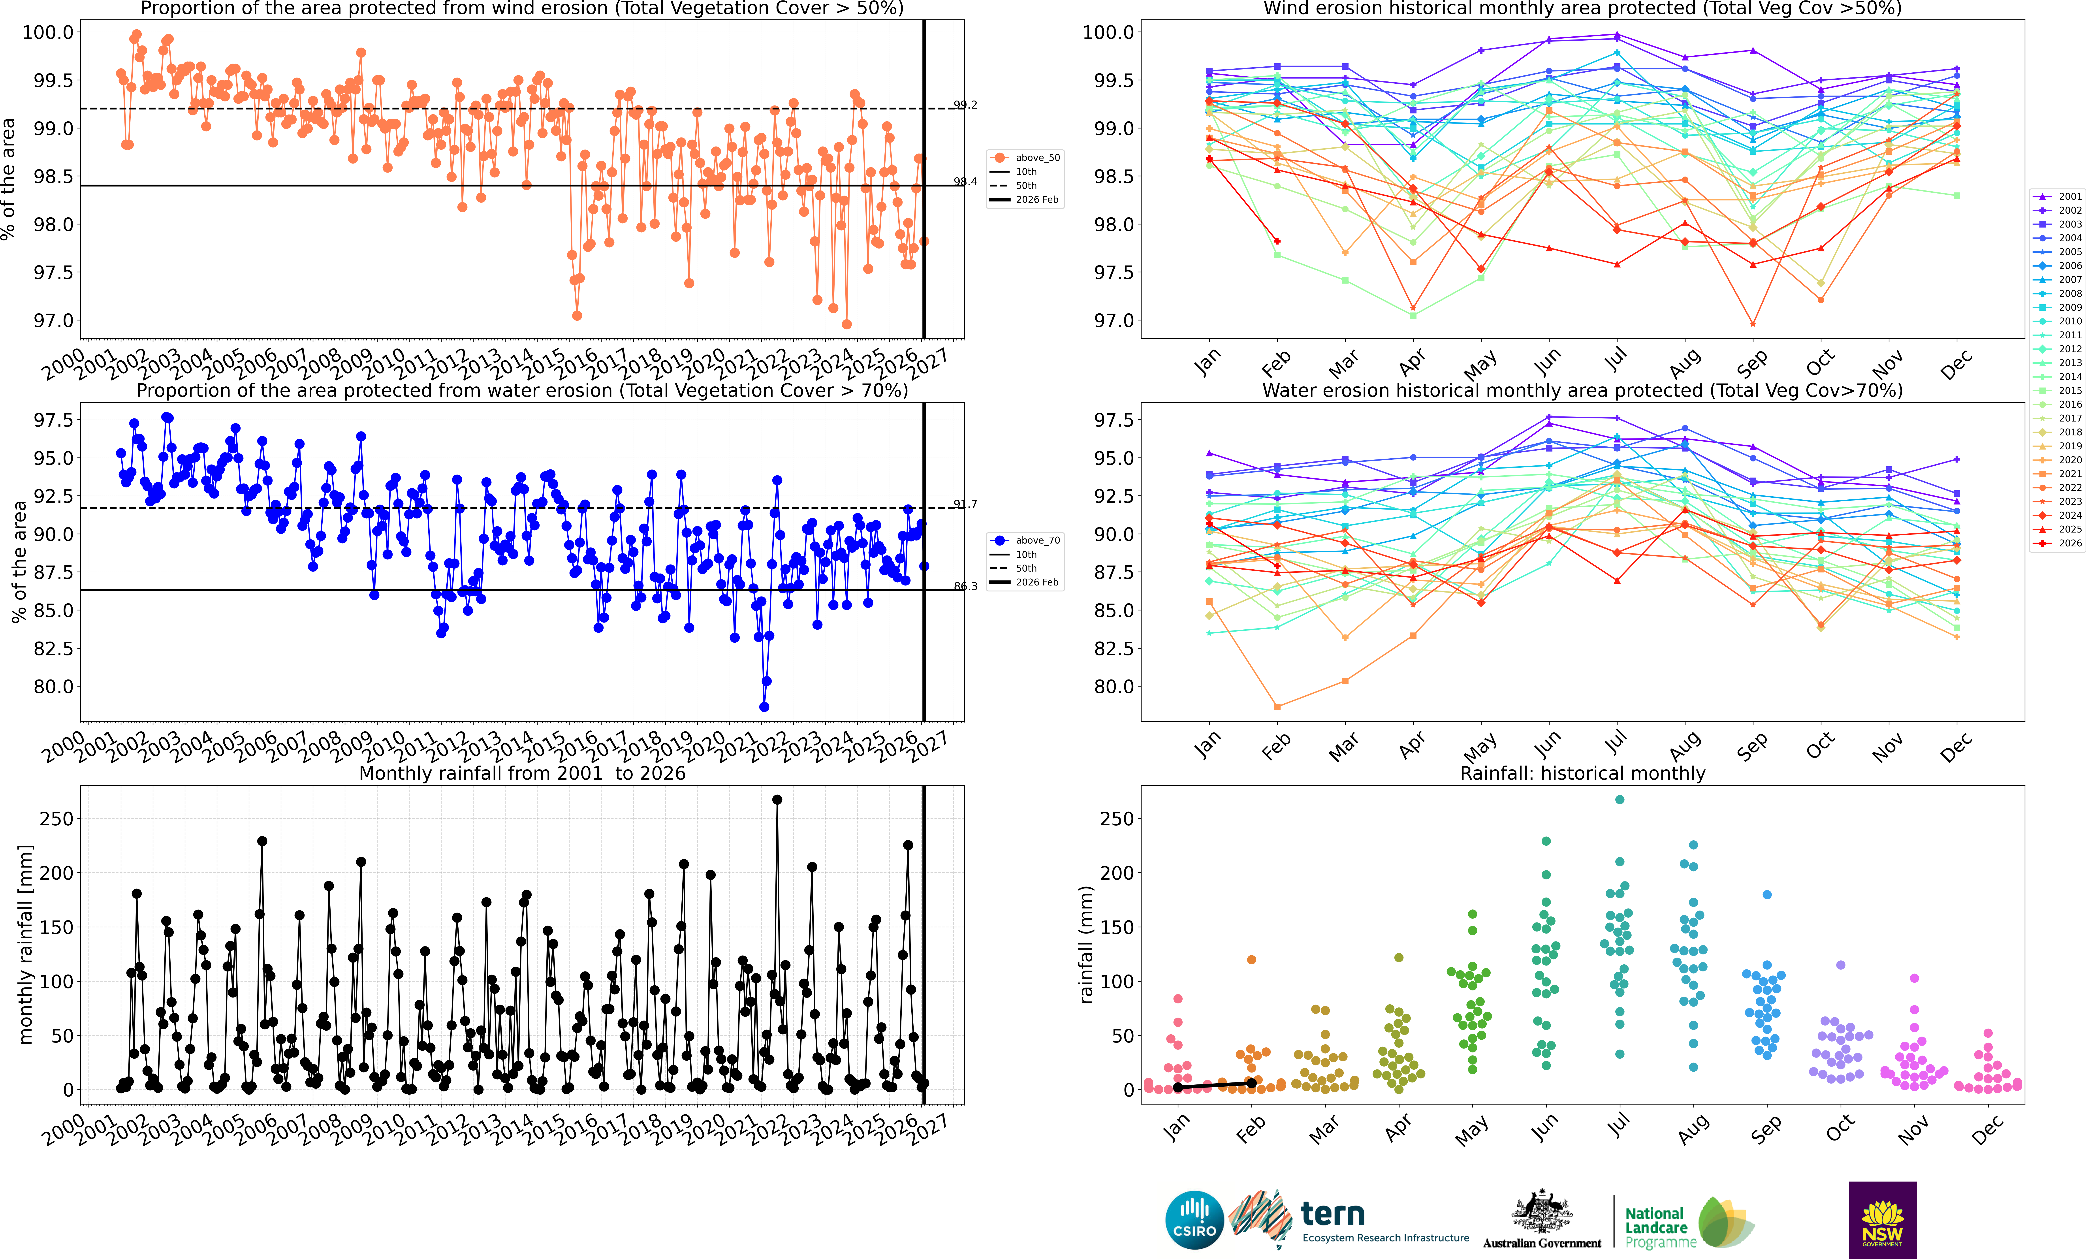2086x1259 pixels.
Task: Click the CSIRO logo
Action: pyautogui.click(x=1194, y=1220)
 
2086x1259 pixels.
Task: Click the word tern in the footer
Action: pyautogui.click(x=1333, y=1214)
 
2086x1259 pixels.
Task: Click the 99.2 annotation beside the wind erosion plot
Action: pyautogui.click(x=965, y=105)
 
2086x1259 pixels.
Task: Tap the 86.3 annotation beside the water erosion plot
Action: pyautogui.click(x=965, y=586)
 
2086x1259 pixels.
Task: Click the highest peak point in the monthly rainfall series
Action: pyautogui.click(x=777, y=799)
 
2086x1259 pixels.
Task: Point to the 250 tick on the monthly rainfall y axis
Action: pyautogui.click(x=57, y=819)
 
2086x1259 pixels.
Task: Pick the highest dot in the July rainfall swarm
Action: pyautogui.click(x=1620, y=799)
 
